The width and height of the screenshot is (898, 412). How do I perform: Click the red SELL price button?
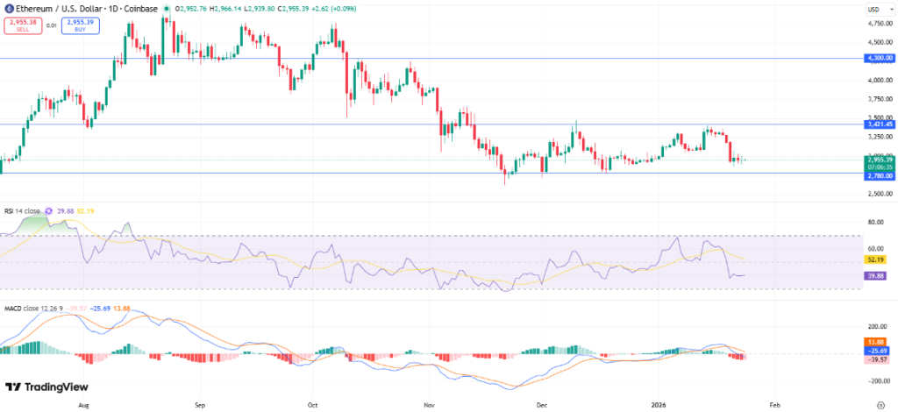click(x=23, y=26)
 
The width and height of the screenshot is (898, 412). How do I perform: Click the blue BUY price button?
click(x=80, y=26)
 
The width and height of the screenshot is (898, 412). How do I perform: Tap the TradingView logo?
click(x=42, y=387)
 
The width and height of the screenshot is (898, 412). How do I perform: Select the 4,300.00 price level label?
click(x=879, y=58)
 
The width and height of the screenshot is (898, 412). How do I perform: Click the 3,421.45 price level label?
click(x=879, y=124)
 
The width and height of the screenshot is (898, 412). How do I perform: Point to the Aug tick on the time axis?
click(x=84, y=407)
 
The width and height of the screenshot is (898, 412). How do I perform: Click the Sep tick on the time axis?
click(x=199, y=407)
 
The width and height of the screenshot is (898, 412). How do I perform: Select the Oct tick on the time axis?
click(x=312, y=407)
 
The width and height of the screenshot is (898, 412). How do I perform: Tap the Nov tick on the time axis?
click(x=428, y=407)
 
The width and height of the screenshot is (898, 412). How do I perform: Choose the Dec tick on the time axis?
click(x=542, y=407)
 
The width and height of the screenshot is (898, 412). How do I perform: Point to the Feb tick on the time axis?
click(x=774, y=407)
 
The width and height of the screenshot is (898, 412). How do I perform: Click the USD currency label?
click(x=873, y=10)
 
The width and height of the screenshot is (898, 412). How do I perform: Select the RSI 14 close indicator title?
click(x=23, y=210)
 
